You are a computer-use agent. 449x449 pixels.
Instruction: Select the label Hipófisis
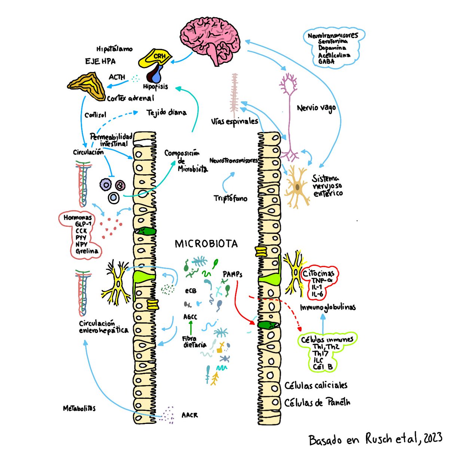point(155,86)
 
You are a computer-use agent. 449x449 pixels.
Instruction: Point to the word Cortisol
point(95,115)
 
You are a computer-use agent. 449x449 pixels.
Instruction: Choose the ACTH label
point(117,77)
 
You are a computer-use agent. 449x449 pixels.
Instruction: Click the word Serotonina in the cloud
point(333,42)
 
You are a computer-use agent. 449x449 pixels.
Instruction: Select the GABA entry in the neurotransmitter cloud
point(326,61)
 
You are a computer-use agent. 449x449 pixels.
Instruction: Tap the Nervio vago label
point(316,108)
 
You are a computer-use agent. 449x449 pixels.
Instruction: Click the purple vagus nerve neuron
point(289,112)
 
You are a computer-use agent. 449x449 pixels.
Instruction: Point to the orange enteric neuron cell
point(297,186)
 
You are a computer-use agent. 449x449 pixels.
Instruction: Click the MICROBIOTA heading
point(206,244)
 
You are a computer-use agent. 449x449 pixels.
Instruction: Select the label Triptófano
point(230,198)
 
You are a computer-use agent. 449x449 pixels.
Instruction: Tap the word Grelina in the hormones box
point(87,251)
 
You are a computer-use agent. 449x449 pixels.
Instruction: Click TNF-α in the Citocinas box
point(319,281)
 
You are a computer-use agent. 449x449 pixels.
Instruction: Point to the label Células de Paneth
point(317,403)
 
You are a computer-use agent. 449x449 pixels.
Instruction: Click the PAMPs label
point(232,274)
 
